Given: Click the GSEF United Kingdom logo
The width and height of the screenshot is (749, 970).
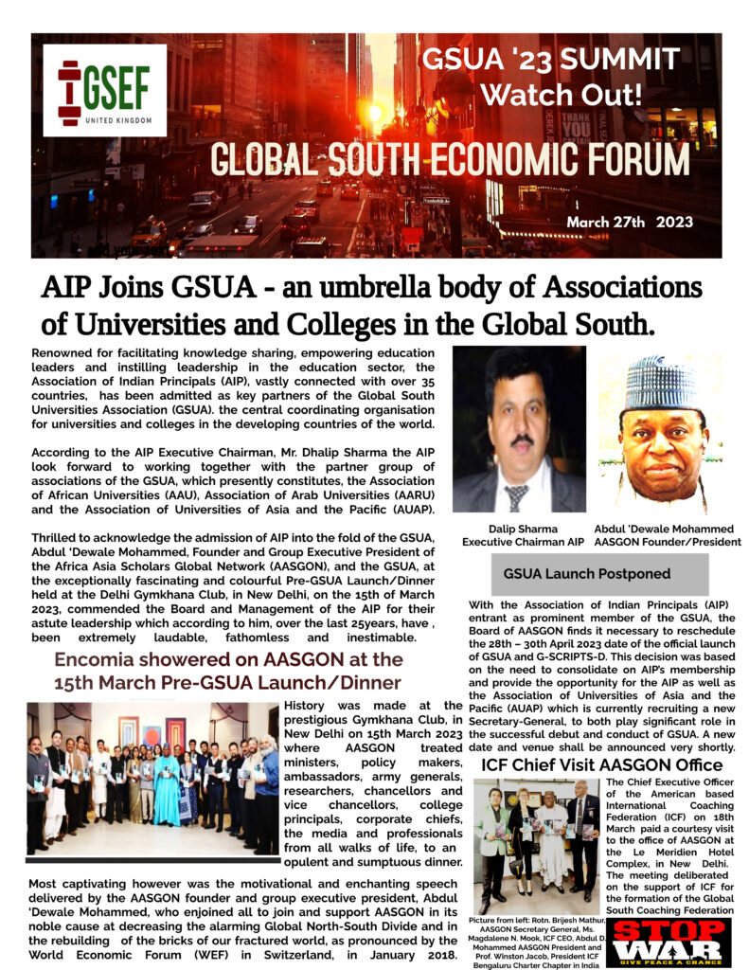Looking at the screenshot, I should (104, 90).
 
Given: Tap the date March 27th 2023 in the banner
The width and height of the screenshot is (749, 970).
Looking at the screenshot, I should (630, 224).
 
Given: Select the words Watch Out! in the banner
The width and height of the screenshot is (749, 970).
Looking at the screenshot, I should (549, 96).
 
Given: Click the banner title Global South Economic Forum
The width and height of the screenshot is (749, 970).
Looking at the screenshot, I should (450, 159).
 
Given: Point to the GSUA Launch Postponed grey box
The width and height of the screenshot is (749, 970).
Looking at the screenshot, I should (587, 574).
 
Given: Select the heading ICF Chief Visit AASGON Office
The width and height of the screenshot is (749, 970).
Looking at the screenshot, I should (589, 764).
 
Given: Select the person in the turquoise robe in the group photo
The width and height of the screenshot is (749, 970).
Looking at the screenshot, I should (168, 786).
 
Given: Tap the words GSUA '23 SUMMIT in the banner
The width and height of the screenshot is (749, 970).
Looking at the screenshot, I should (549, 61).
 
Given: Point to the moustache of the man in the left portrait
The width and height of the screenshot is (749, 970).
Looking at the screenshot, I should (520, 440).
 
